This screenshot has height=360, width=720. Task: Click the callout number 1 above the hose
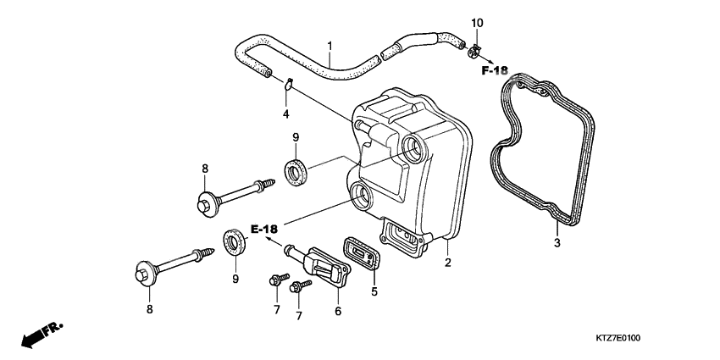click(330, 46)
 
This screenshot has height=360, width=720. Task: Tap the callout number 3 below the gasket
click(557, 244)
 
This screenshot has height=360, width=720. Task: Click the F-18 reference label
click(495, 70)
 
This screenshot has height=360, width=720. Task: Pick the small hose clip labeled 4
click(288, 83)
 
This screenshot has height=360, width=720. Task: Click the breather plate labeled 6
click(326, 266)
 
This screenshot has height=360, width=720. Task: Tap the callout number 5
click(374, 292)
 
